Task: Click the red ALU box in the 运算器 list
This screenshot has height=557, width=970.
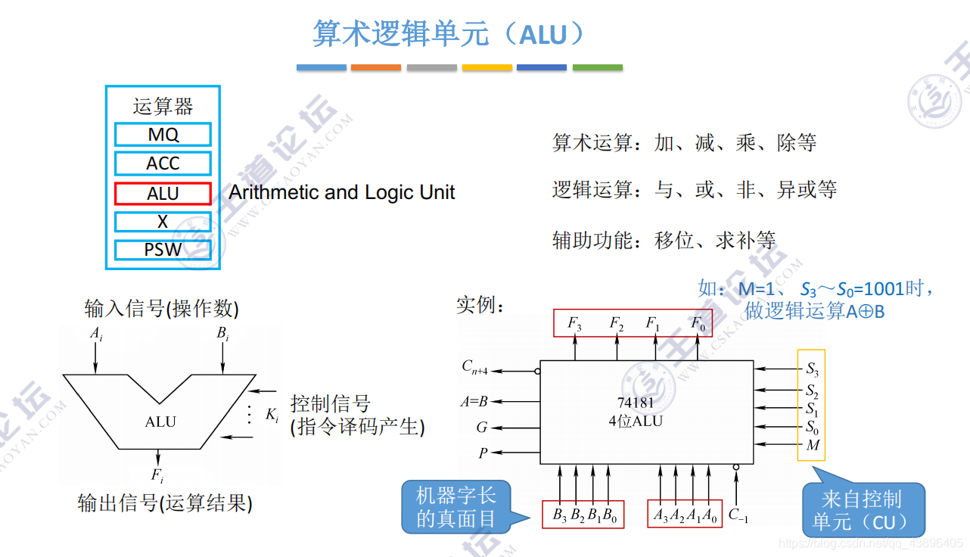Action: coord(163,194)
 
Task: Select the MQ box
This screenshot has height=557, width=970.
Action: coord(163,135)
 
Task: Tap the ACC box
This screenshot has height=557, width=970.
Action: coord(163,163)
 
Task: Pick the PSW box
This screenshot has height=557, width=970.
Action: coord(163,250)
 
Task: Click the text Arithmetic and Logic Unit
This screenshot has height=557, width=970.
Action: coord(341,192)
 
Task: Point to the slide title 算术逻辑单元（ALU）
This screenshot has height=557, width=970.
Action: coord(449,33)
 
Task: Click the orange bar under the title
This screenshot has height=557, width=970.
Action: coord(376,68)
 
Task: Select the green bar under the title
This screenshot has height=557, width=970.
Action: coord(597,68)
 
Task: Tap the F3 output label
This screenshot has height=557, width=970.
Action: coord(575,324)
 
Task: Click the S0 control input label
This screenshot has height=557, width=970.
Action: coord(812,427)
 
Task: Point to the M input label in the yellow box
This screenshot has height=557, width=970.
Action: coord(813,445)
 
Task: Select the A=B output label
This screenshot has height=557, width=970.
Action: coord(474,402)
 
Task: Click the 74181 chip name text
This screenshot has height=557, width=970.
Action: coord(636,403)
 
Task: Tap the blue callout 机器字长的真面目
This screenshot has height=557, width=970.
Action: coord(455,506)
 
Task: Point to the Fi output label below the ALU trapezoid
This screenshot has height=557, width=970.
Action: coord(157,475)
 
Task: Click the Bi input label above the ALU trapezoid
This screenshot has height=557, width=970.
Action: coord(222,334)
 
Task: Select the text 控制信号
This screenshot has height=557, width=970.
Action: coord(331,403)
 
